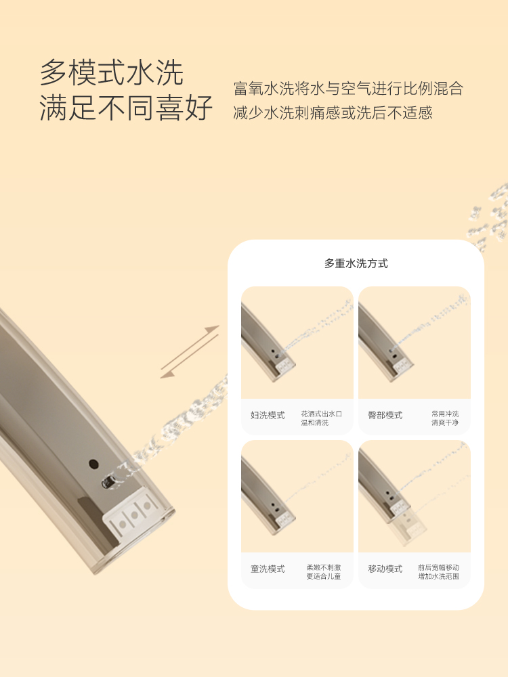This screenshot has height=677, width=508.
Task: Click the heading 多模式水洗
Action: tap(112, 72)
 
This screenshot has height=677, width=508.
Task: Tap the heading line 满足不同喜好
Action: tap(126, 108)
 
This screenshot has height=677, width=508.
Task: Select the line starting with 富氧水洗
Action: tap(348, 88)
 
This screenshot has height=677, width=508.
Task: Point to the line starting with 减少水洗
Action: tap(333, 112)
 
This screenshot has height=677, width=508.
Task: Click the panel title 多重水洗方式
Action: tap(356, 263)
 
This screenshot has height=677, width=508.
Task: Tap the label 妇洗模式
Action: tap(268, 415)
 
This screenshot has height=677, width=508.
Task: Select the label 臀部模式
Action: tap(385, 415)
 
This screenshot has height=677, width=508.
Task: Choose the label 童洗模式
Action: tap(268, 569)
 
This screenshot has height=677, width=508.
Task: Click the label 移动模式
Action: tap(385, 569)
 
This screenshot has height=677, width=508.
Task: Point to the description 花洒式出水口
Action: tap(321, 414)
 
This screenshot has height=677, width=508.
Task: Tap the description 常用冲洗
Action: tap(445, 414)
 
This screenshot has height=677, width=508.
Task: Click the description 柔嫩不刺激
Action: tap(324, 567)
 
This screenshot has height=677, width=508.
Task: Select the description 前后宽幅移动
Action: tap(438, 567)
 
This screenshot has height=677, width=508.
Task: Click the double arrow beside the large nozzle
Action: tap(190, 352)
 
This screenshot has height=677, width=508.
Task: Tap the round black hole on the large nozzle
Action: tap(93, 464)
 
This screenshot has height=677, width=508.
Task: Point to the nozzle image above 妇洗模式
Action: tap(297, 343)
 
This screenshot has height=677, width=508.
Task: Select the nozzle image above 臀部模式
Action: tap(415, 343)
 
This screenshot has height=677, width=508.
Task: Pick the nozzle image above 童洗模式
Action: tap(297, 496)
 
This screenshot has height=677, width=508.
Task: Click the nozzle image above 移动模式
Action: tap(415, 496)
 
